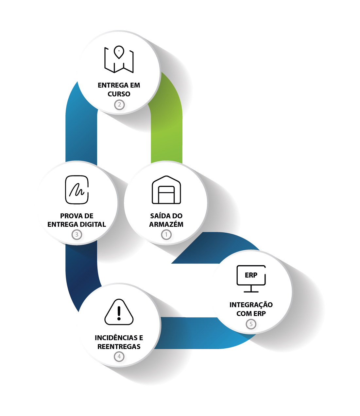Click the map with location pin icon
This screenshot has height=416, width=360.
119,59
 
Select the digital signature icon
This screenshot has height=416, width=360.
77,190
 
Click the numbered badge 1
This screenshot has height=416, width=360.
166,234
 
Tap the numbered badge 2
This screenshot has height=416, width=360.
119,105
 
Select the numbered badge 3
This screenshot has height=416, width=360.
77,234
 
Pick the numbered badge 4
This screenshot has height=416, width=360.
119,356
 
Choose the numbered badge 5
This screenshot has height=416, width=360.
251,324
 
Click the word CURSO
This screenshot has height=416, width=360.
119,94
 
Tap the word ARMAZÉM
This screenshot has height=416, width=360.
166,225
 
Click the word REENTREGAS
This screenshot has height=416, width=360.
119,347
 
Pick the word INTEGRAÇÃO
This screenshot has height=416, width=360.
251,305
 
